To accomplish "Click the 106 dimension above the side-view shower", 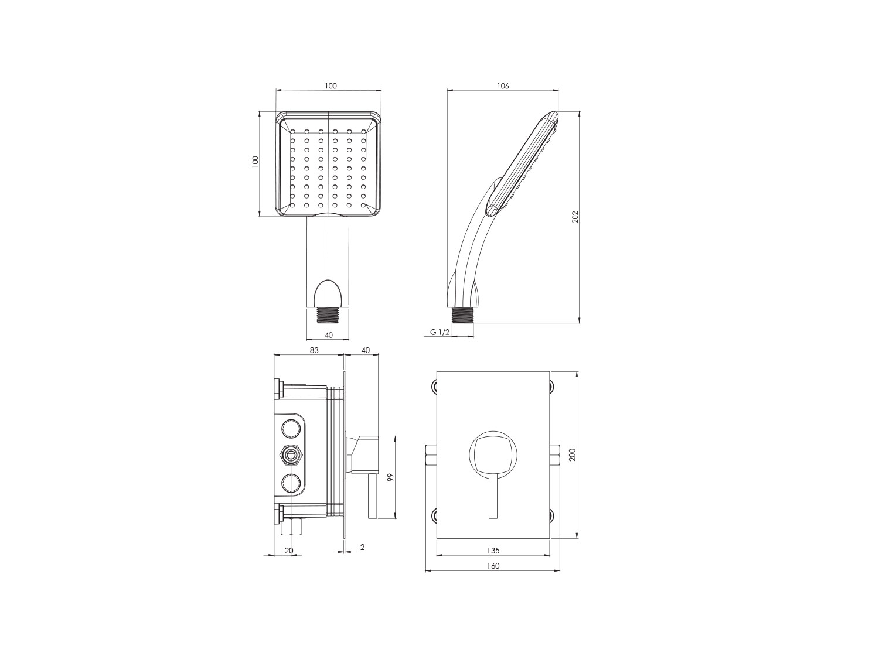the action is [503, 86].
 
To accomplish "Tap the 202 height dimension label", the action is [575, 217].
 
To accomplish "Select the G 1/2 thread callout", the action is [439, 332].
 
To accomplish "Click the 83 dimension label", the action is [314, 350].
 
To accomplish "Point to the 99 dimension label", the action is [391, 477].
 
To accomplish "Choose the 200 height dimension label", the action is [573, 454].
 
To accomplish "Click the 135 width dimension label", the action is [493, 551].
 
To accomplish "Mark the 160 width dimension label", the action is [493, 566].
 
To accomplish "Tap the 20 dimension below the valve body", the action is [289, 551].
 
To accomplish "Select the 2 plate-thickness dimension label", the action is [362, 547].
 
